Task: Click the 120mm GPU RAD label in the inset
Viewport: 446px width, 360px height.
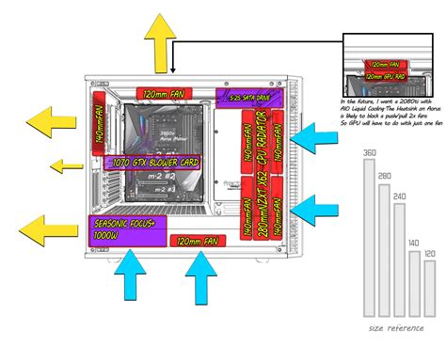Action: (386, 75)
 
